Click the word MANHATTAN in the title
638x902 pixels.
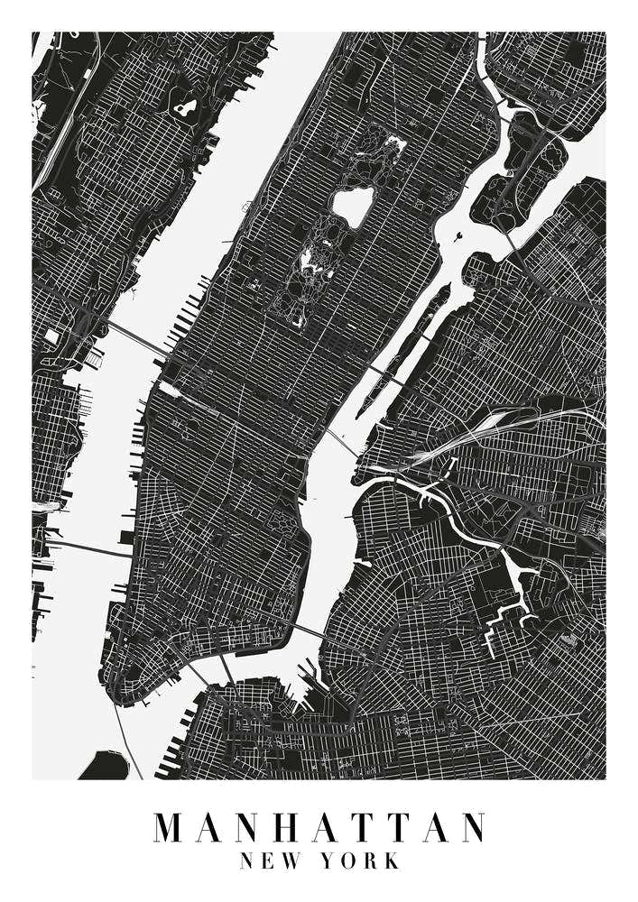click(319, 827)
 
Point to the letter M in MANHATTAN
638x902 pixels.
click(171, 827)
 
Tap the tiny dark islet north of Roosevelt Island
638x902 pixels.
click(459, 239)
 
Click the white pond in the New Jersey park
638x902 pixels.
click(186, 109)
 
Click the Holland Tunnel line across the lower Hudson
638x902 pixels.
click(86, 548)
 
